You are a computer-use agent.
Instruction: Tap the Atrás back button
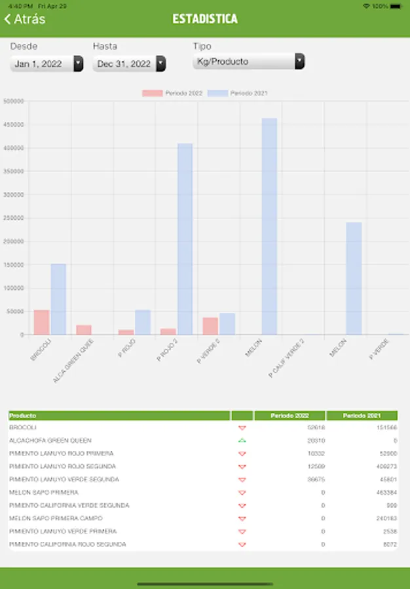tap(25, 19)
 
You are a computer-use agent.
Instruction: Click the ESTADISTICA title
tap(205, 19)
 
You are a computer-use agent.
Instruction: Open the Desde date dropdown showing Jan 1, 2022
tap(47, 63)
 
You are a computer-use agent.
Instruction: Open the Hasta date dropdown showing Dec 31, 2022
tap(129, 63)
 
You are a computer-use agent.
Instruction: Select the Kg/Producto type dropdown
tap(249, 62)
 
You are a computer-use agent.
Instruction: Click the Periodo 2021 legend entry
tap(238, 94)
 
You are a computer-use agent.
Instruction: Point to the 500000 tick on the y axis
tap(14, 101)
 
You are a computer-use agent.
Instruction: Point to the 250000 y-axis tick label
tap(14, 218)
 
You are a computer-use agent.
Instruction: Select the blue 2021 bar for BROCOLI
tap(58, 299)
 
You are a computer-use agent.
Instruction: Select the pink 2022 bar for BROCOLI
tap(41, 322)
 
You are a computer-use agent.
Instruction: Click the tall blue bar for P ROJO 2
tap(185, 239)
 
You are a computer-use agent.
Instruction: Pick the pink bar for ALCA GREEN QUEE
tap(84, 330)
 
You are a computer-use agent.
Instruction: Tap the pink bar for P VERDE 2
tap(210, 326)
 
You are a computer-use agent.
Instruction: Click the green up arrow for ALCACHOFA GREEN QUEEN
tap(242, 440)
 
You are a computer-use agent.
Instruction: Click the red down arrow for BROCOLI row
tap(242, 428)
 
